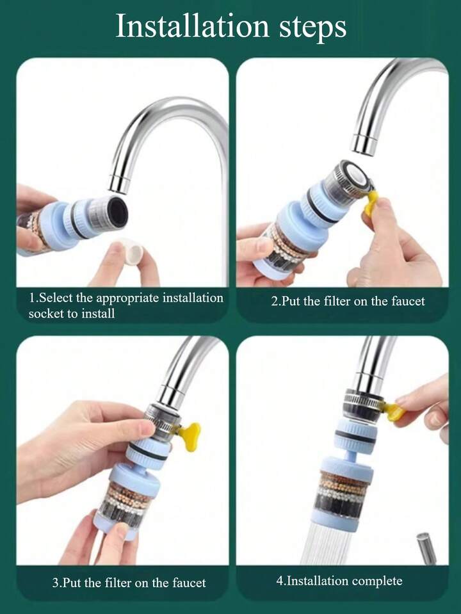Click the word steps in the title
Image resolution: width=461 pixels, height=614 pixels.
coord(312,28)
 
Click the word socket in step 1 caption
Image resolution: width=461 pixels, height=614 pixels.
coord(44,314)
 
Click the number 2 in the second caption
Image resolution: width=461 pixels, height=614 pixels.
coord(274,301)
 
